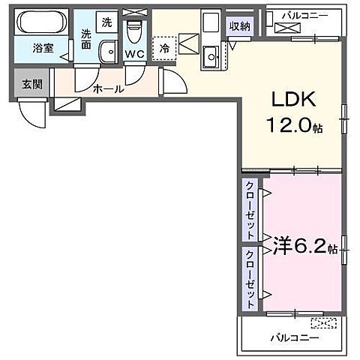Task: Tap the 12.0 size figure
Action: click(289, 127)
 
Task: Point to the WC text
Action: click(135, 54)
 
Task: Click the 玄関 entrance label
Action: click(31, 84)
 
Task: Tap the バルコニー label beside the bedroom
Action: click(295, 337)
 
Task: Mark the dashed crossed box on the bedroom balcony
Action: click(324, 322)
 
